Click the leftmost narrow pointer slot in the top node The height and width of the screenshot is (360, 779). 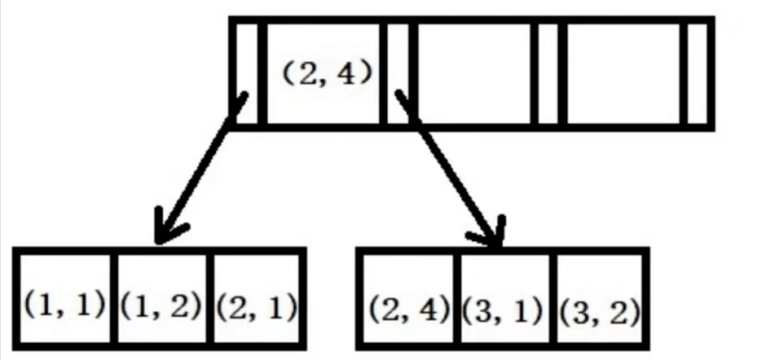pyautogui.click(x=249, y=73)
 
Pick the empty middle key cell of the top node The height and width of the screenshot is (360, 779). pyautogui.click(x=473, y=73)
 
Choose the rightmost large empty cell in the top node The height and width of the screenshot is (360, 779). pyautogui.click(x=625, y=73)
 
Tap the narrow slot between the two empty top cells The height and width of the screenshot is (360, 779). pyautogui.click(x=548, y=73)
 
